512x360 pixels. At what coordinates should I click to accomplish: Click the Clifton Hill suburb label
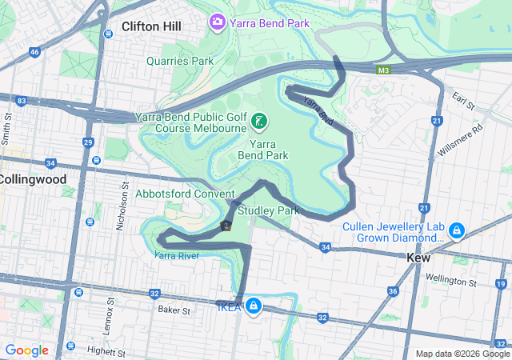[x=151, y=26]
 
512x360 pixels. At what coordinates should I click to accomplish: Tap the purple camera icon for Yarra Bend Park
[x=216, y=22]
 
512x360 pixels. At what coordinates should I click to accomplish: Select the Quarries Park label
[x=180, y=61]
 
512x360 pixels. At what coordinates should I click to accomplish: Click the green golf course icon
[x=259, y=121]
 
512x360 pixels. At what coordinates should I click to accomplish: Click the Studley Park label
[x=268, y=210]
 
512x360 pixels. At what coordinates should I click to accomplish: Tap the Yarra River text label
[x=176, y=256]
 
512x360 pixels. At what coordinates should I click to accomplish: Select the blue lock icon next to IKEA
[x=253, y=305]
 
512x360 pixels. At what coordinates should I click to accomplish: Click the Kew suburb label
[x=418, y=258]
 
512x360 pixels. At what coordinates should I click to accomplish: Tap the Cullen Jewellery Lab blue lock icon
[x=456, y=231]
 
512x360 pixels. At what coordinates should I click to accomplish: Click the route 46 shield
[x=34, y=52]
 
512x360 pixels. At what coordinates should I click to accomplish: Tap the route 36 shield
[x=392, y=291]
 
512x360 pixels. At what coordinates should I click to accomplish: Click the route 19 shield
[x=499, y=285]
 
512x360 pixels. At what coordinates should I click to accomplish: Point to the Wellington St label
[x=450, y=282]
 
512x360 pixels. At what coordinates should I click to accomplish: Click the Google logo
[x=27, y=350]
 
